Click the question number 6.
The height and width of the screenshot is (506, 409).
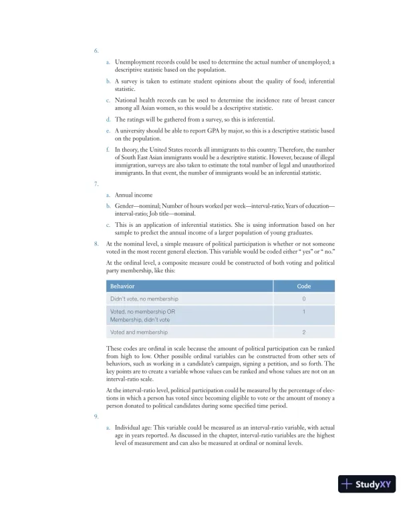(x=96, y=51)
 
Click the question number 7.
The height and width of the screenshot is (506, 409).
(x=96, y=183)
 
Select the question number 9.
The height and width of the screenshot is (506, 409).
(x=96, y=416)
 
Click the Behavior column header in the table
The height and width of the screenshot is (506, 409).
(x=122, y=286)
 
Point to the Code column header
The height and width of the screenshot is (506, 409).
(x=303, y=286)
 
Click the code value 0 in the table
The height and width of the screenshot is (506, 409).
(x=304, y=299)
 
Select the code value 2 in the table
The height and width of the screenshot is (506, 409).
(x=304, y=332)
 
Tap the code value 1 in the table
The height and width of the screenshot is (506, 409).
(x=304, y=312)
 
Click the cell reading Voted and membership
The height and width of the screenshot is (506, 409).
(x=139, y=332)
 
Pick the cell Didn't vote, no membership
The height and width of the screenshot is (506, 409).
(x=144, y=299)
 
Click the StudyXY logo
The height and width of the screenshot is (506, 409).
(x=367, y=483)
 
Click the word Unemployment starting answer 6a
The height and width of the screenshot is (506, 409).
(x=136, y=62)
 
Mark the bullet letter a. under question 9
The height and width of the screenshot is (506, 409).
(x=108, y=426)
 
